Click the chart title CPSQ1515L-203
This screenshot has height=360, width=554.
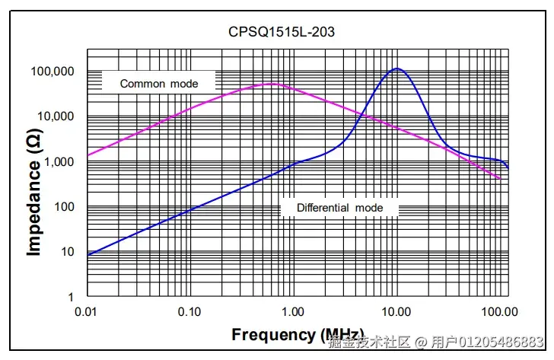[x=282, y=32]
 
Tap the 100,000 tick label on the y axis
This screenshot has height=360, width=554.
[x=53, y=72]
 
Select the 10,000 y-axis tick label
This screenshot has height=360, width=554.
[x=56, y=116]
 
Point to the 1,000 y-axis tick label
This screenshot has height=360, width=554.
[x=59, y=162]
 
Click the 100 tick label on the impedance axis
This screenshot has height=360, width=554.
[x=64, y=207]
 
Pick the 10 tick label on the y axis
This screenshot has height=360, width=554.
[x=68, y=252]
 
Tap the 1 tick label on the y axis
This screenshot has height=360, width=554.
[x=71, y=297]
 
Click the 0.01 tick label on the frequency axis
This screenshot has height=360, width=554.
[x=85, y=312]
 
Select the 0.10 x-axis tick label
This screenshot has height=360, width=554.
[x=189, y=312]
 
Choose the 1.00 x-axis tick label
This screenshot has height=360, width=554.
[x=293, y=312]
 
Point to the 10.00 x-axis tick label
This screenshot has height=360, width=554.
[x=396, y=312]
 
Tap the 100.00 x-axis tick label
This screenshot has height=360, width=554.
[x=500, y=312]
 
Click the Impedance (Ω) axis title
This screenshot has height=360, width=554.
[x=34, y=192]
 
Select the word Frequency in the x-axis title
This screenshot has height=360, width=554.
[x=273, y=335]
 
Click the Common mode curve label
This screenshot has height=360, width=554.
[x=159, y=84]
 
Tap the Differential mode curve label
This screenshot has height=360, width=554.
[x=340, y=208]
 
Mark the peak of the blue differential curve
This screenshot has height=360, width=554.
[x=396, y=68]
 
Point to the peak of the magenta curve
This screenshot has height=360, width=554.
[x=272, y=84]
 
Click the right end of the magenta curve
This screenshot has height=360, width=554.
[x=500, y=179]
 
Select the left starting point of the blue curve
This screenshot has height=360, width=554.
[x=88, y=255]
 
